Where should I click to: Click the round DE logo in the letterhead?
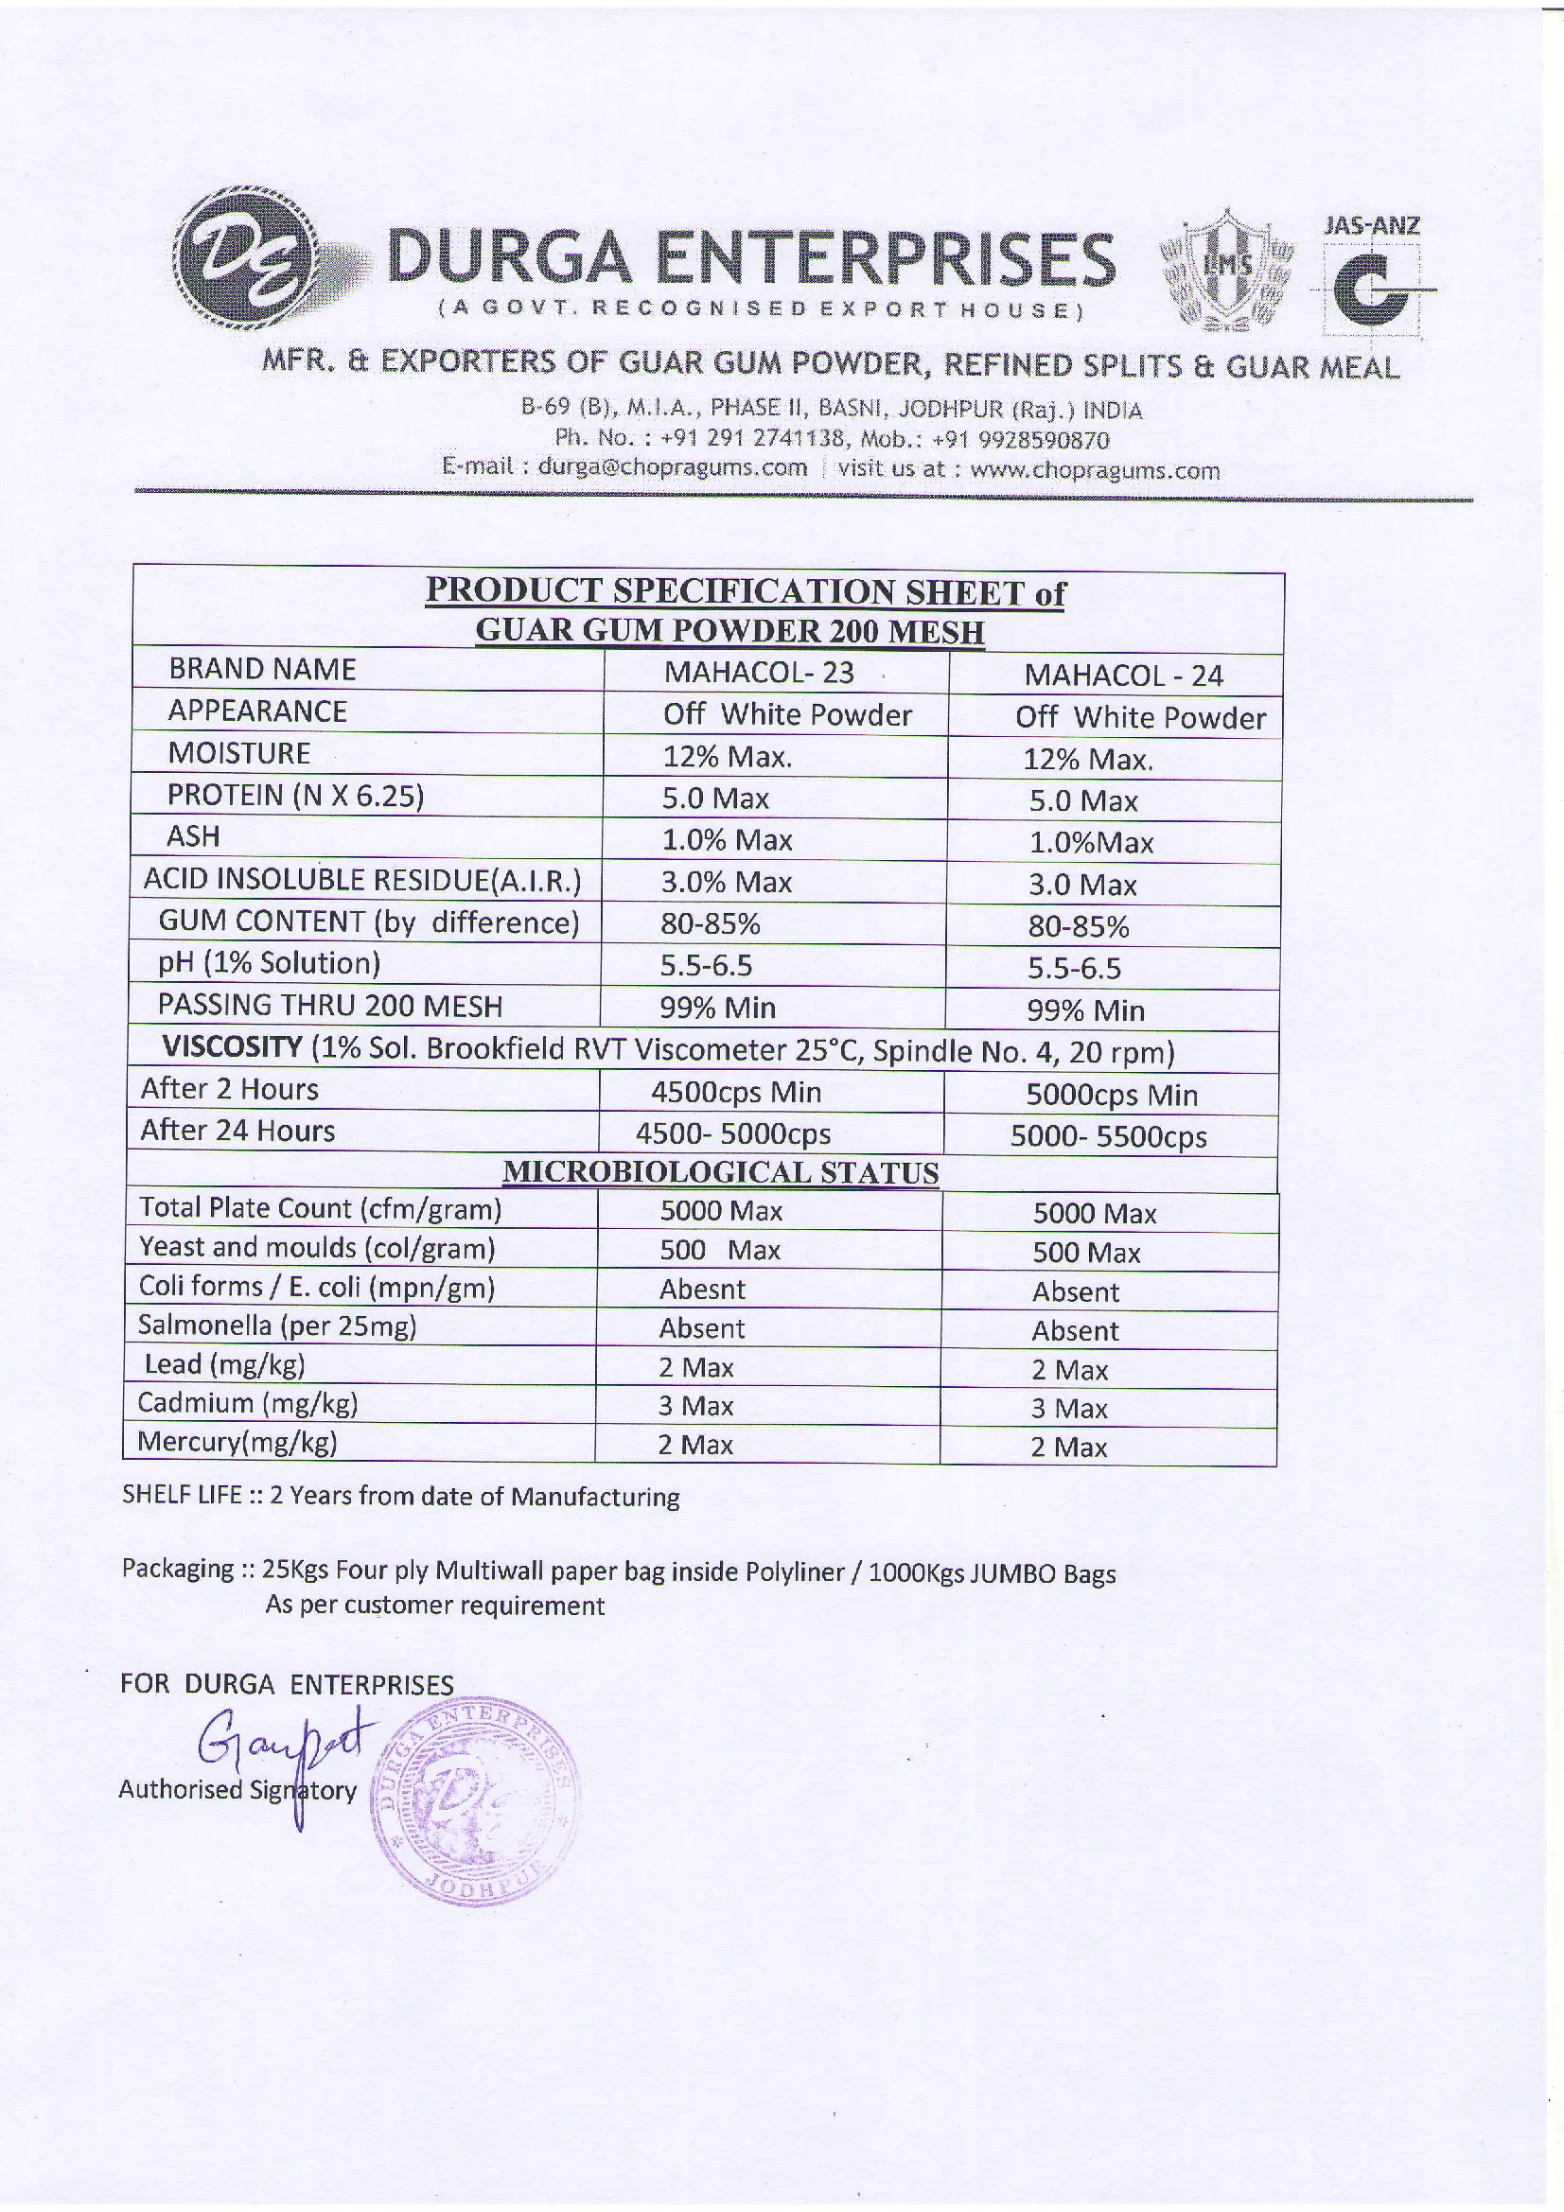[249, 258]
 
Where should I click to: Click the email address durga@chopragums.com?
[672, 468]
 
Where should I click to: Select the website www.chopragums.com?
[1095, 470]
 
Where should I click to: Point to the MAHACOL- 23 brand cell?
[759, 672]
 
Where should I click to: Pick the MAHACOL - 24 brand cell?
[1123, 676]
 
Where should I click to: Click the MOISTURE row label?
[239, 752]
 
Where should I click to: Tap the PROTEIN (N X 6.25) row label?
[295, 795]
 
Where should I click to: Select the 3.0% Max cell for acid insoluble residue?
[726, 882]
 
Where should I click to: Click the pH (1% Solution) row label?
[269, 962]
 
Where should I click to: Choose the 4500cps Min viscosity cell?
[735, 1092]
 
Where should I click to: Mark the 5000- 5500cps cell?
[1108, 1137]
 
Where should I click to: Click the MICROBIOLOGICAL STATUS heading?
[721, 1172]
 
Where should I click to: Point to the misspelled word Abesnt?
[701, 1289]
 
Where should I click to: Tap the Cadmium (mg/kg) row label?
[248, 1403]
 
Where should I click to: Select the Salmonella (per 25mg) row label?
[276, 1325]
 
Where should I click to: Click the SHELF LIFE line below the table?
[400, 1496]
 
